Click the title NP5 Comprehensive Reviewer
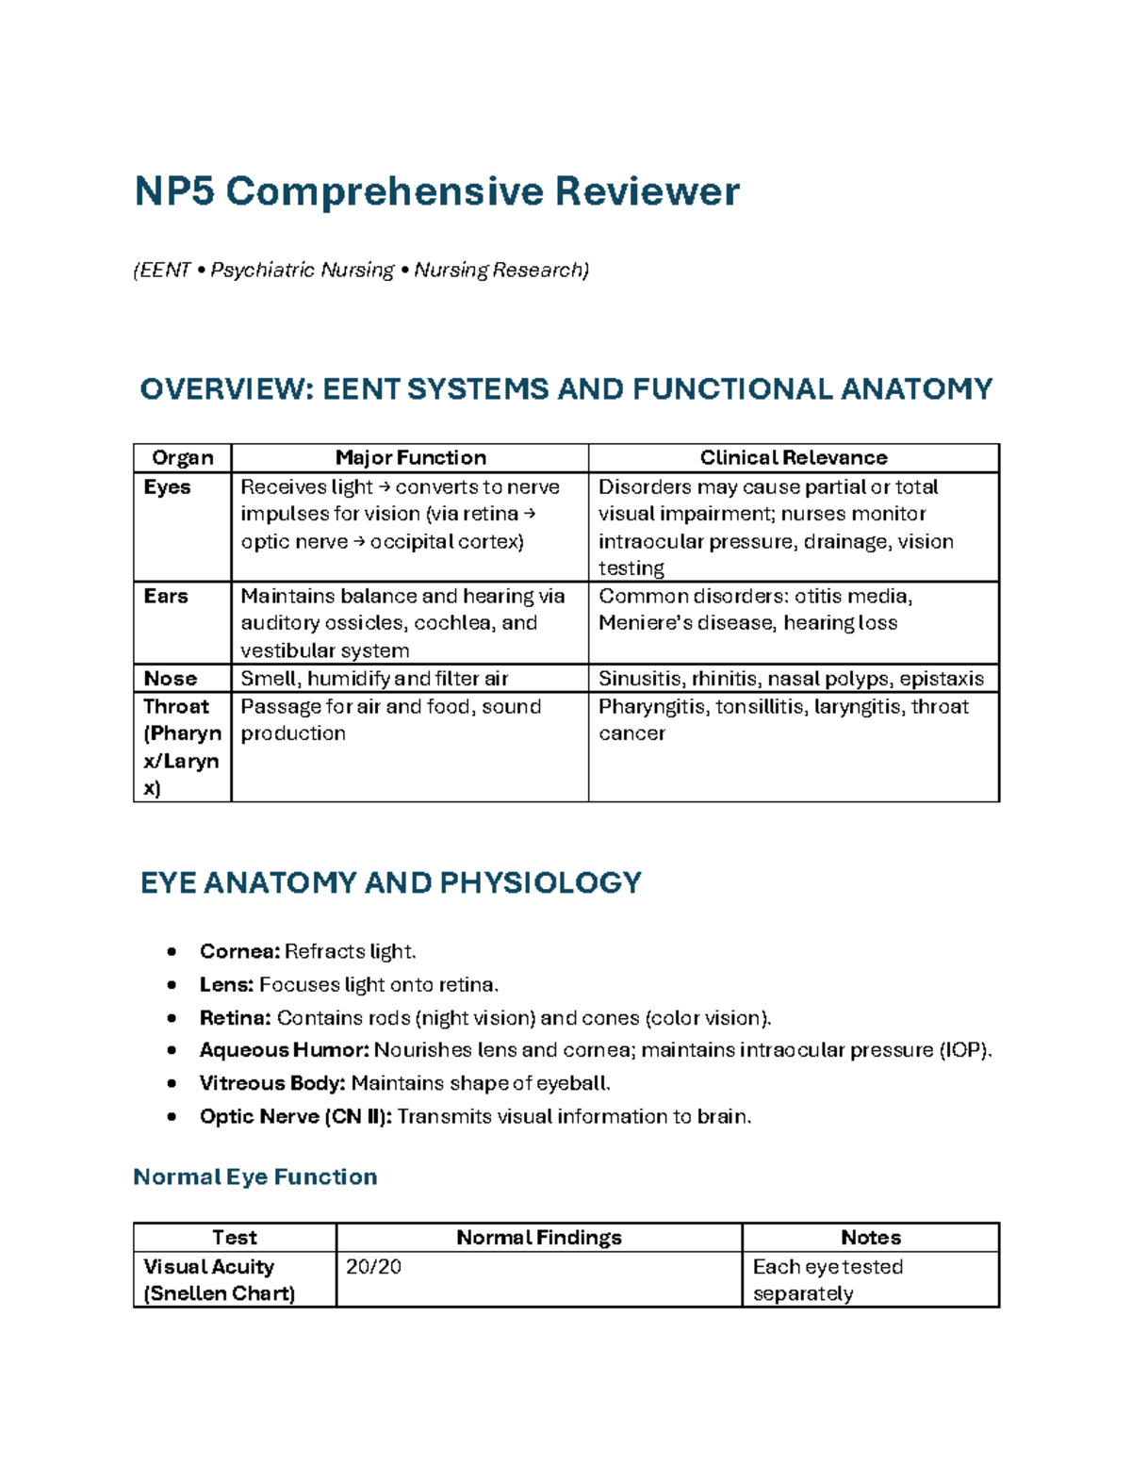pos(436,191)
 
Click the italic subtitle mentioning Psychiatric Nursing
pos(361,271)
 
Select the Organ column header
pos(183,458)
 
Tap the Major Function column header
pos(410,458)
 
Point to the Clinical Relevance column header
pos(793,458)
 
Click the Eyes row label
pos(167,487)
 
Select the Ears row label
pos(166,597)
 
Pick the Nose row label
pos(170,679)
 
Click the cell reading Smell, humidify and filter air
pos(374,679)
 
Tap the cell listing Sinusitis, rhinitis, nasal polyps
pos(791,679)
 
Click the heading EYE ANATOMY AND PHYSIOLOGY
pos(390,883)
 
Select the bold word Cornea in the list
pos(239,951)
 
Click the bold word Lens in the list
pos(226,985)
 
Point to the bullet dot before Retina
pos(172,1018)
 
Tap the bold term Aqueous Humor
pos(284,1050)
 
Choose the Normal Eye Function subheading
pos(255,1177)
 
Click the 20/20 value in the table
pos(373,1267)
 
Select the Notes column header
pos(870,1238)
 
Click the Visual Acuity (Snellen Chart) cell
pos(219,1280)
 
